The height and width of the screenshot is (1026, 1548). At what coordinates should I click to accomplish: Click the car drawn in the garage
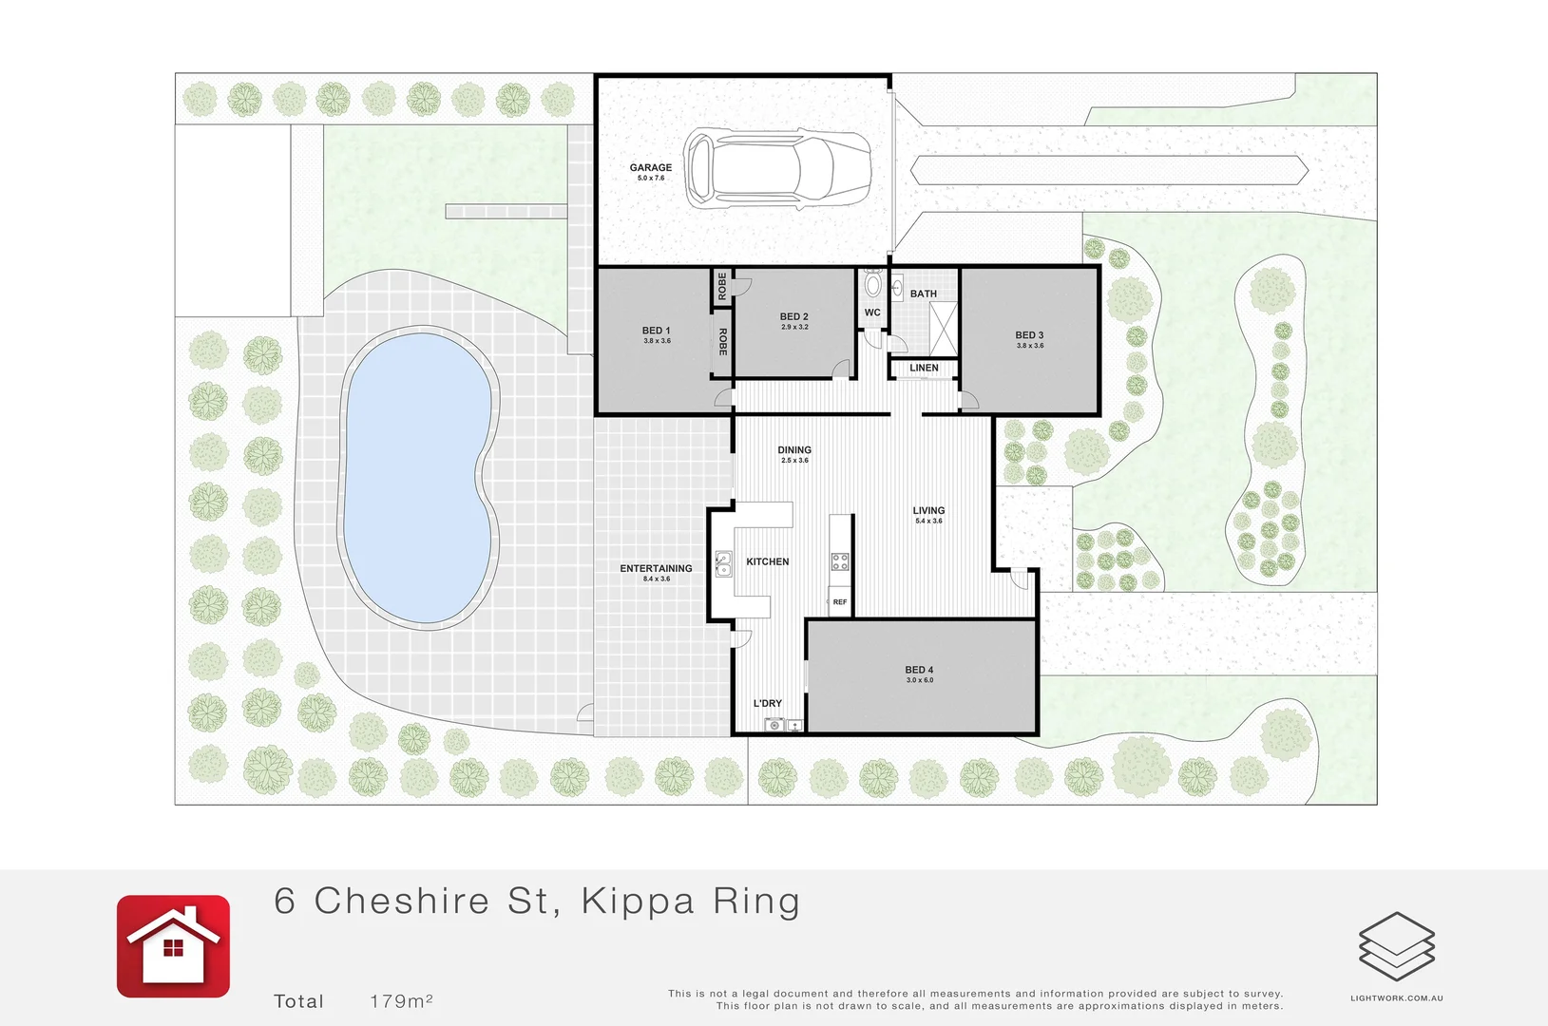[777, 169]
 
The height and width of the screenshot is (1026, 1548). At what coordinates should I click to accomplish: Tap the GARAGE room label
[651, 167]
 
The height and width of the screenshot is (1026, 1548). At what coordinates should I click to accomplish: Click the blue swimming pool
[419, 475]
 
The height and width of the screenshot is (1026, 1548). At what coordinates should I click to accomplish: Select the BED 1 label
[656, 331]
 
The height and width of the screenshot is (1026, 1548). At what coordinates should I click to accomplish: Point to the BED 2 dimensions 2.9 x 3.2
[794, 327]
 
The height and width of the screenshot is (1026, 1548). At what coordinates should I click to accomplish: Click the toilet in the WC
[872, 284]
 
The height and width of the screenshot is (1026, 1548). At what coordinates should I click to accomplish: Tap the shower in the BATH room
[943, 328]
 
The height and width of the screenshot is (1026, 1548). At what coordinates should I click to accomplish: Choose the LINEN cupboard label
[924, 368]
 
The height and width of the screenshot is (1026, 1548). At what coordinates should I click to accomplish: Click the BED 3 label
[1029, 335]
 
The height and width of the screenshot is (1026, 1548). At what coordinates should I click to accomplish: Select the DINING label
[794, 450]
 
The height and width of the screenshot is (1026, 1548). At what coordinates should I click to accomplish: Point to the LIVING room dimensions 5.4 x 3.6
[928, 521]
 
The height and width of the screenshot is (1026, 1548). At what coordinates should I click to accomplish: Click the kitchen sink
[723, 563]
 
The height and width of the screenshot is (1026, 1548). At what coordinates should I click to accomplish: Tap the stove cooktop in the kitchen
[840, 561]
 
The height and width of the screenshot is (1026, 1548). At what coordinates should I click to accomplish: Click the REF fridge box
[840, 602]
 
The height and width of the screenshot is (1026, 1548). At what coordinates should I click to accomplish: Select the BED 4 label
[919, 670]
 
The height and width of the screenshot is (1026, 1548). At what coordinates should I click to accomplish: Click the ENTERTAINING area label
[656, 568]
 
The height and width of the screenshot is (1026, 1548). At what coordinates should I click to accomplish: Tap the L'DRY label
[767, 704]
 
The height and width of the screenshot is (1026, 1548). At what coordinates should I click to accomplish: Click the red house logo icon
[173, 946]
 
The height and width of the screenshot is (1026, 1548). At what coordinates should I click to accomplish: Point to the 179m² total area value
[401, 1001]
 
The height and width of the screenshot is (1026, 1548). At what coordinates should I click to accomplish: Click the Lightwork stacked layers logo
[1397, 946]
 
